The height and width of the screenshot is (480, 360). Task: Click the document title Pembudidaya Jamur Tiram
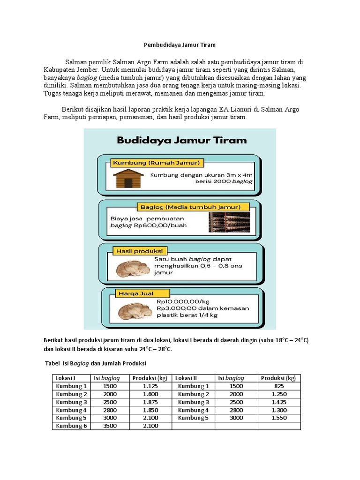click(180, 45)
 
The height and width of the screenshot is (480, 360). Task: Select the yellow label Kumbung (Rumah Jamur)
click(156, 163)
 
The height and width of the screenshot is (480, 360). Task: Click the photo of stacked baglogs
click(229, 222)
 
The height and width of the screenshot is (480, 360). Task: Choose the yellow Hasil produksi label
click(136, 251)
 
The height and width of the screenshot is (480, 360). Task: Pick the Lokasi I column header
click(65, 378)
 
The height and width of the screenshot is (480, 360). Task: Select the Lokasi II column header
click(186, 378)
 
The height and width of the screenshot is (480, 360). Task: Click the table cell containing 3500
click(111, 426)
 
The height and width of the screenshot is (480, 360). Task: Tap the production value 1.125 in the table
click(150, 386)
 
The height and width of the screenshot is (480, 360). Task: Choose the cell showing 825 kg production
click(279, 386)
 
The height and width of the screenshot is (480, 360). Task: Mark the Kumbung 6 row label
click(71, 426)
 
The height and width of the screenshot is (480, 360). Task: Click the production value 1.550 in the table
click(279, 418)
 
